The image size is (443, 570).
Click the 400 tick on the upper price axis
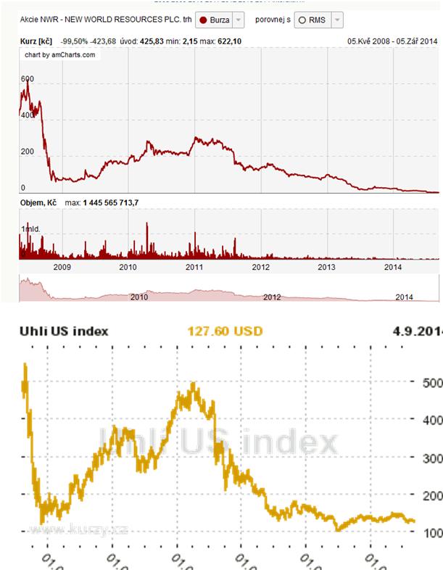[x=27, y=115]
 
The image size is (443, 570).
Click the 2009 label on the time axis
[x=62, y=267]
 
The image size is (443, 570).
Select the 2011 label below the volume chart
[x=194, y=267]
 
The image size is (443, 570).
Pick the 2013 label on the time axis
[x=327, y=267]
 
